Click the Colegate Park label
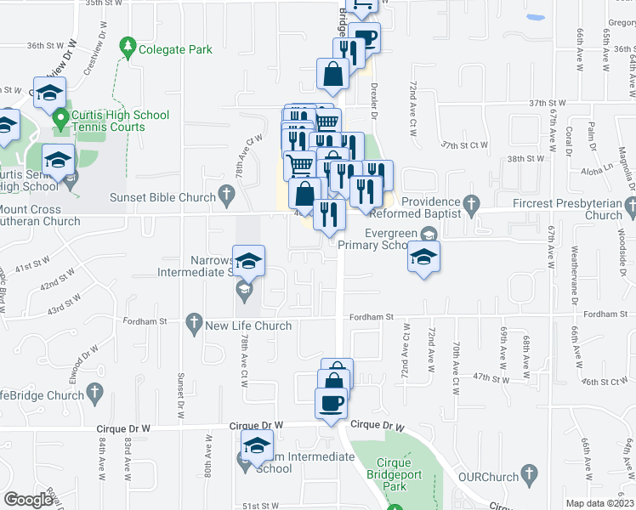[x=177, y=50]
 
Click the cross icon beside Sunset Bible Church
[x=226, y=197]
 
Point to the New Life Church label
[x=248, y=326]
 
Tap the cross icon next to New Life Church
[x=194, y=323]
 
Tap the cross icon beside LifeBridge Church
[x=94, y=392]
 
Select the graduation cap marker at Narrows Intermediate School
[x=248, y=262]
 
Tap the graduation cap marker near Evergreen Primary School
[x=423, y=257]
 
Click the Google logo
[x=29, y=500]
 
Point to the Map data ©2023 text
[x=599, y=503]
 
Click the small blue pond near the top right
[x=535, y=17]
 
